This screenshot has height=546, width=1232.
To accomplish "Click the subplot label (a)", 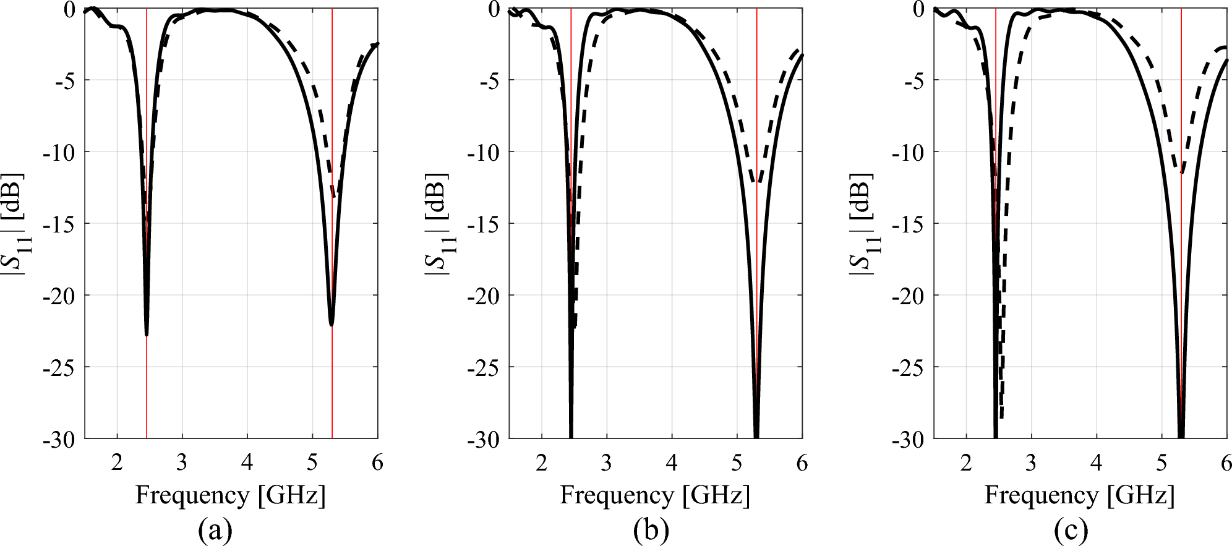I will coord(215,530).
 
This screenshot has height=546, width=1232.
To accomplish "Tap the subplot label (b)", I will coord(651,530).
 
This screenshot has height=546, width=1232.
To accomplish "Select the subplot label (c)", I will coord(1071,530).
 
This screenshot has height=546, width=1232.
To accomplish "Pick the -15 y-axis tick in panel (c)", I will coord(908,224).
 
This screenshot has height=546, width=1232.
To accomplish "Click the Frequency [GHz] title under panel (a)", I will coord(230,495).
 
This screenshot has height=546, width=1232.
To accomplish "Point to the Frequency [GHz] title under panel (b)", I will coord(655,495).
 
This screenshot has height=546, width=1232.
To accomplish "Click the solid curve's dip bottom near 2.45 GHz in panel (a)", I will coord(147,335).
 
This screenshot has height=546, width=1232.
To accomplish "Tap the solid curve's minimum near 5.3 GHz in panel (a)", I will coord(332,325).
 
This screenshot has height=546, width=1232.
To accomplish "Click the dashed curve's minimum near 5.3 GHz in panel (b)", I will coord(759,183).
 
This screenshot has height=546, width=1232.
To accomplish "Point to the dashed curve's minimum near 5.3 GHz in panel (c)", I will coord(1182,173).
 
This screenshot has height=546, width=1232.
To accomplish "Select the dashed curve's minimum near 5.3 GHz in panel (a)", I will coord(335,197).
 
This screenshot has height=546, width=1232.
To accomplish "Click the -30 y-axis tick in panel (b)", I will coord(484,440).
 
